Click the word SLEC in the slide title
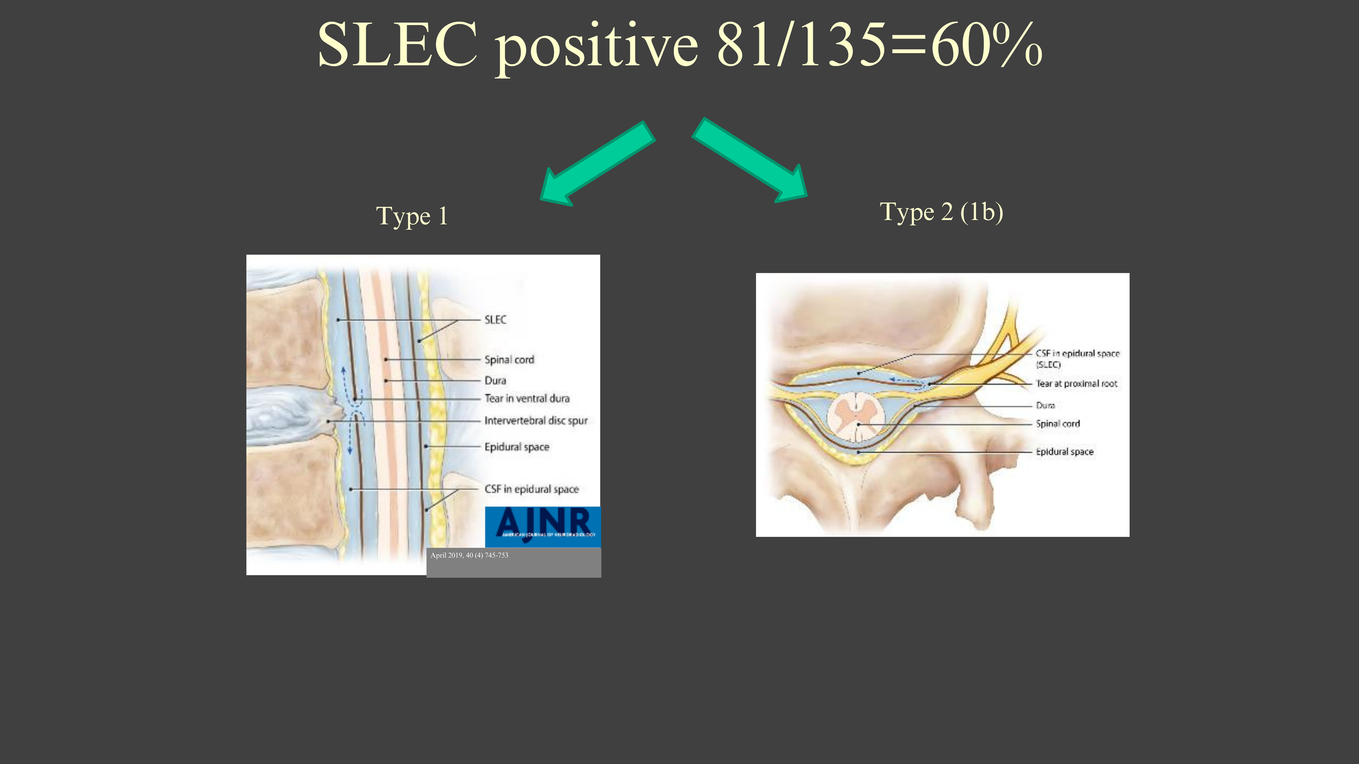[397, 45]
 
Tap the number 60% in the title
[987, 45]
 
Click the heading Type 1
[412, 216]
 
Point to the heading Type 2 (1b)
[941, 212]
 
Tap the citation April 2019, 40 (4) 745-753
[469, 555]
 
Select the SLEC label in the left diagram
[495, 320]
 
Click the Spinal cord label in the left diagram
[509, 360]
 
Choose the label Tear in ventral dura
[527, 398]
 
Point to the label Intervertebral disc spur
[536, 421]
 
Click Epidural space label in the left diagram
[517, 447]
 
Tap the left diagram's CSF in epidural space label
[532, 489]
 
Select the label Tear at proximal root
[1076, 384]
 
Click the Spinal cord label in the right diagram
[1057, 424]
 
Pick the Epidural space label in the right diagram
[1064, 452]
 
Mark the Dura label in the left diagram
[495, 380]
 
